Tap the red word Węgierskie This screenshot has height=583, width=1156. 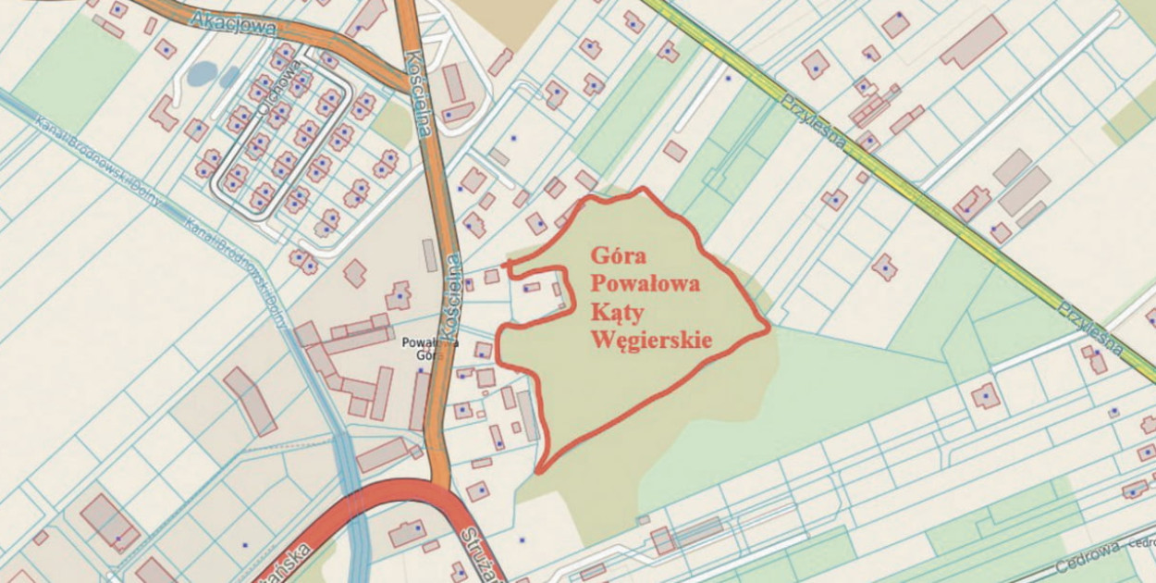pos(651,340)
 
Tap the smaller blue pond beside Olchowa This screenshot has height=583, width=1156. pos(229,77)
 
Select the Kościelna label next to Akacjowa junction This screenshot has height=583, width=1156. pos(419,94)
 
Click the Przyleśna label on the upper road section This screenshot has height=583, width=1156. pos(814,121)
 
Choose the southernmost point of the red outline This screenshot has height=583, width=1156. pos(540,471)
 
